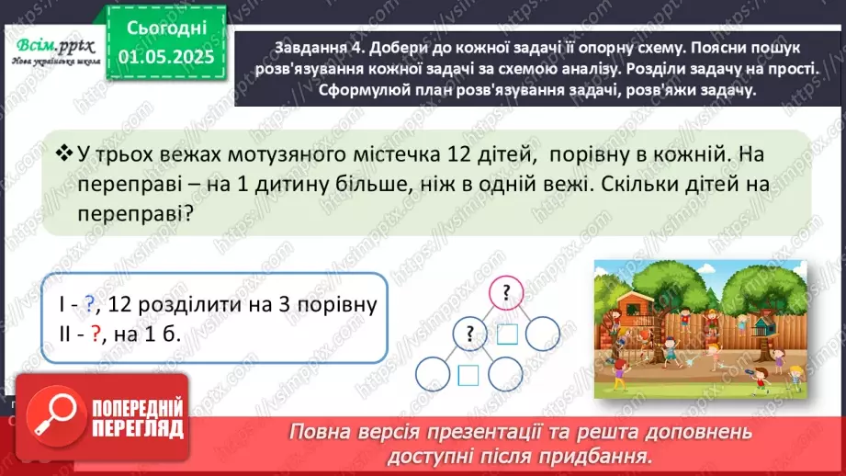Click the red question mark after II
tap(95, 334)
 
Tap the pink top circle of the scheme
tap(504, 293)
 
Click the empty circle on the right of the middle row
tap(543, 332)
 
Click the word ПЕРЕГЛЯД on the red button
tap(137, 428)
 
